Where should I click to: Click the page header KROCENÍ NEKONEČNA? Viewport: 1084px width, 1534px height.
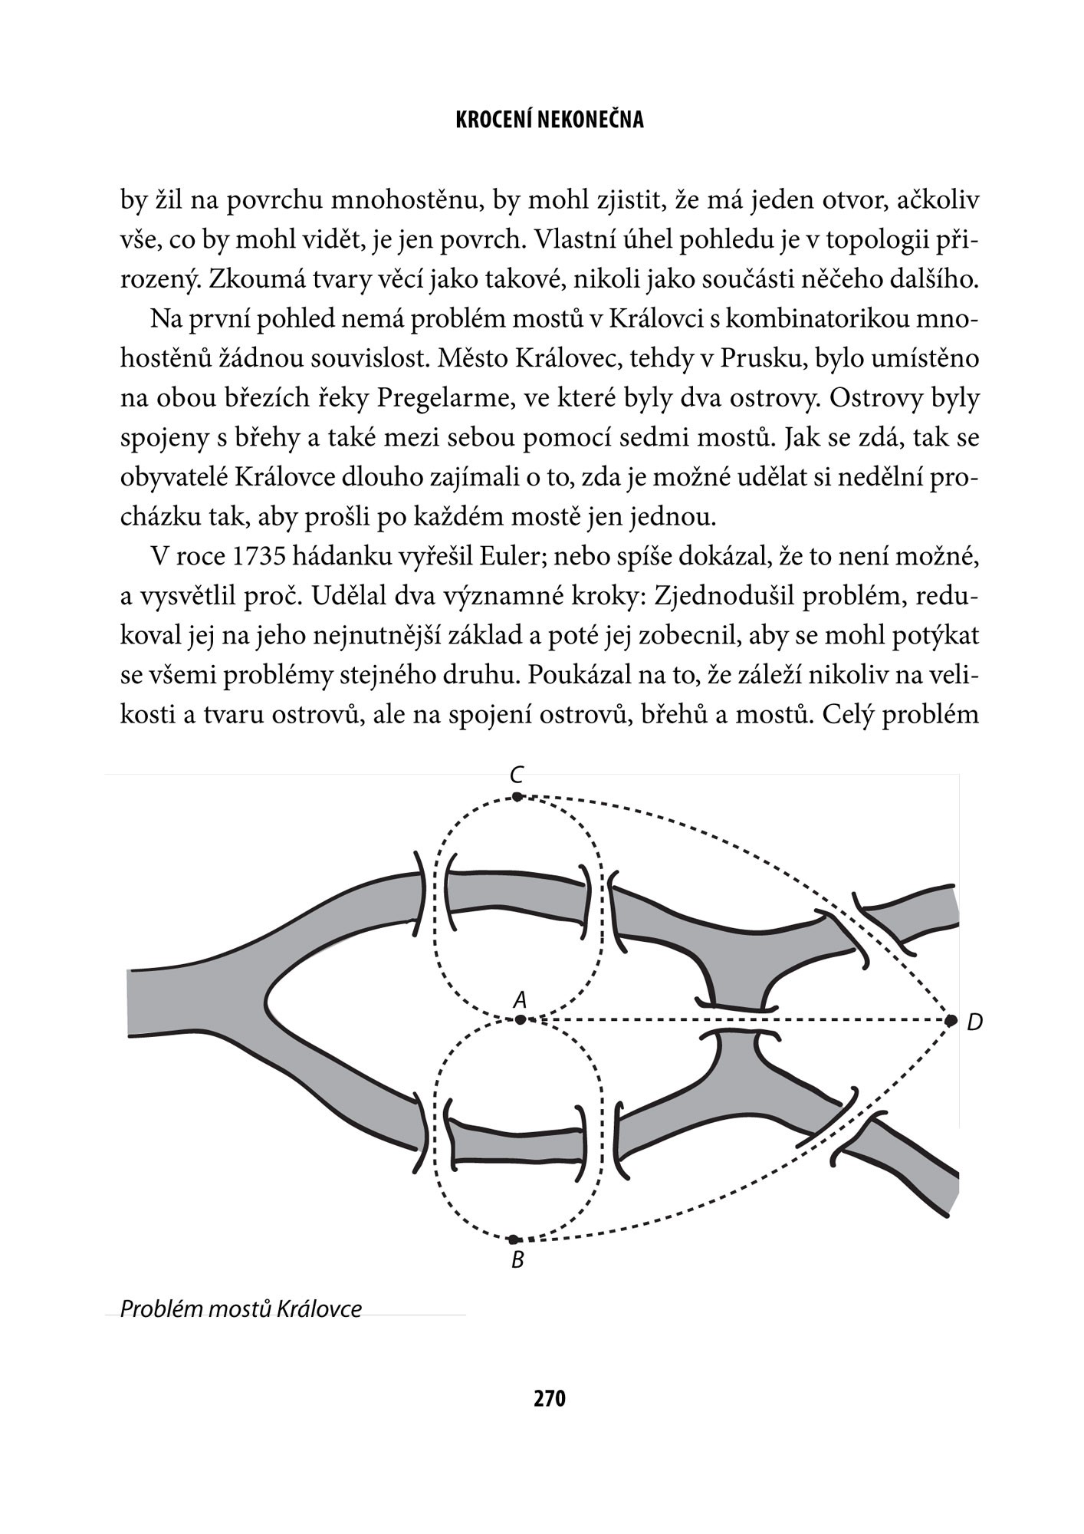click(549, 120)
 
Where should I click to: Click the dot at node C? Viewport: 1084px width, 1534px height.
click(517, 797)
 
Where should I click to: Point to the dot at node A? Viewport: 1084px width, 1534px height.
click(521, 1020)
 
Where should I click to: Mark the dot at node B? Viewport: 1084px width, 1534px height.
click(514, 1239)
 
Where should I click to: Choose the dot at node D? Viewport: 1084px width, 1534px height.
click(951, 1020)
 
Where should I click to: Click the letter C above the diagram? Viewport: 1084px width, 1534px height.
click(517, 775)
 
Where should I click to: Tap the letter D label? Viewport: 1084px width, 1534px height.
click(974, 1022)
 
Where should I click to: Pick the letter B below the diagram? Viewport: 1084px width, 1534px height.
click(517, 1260)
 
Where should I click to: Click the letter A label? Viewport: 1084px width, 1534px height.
click(520, 999)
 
